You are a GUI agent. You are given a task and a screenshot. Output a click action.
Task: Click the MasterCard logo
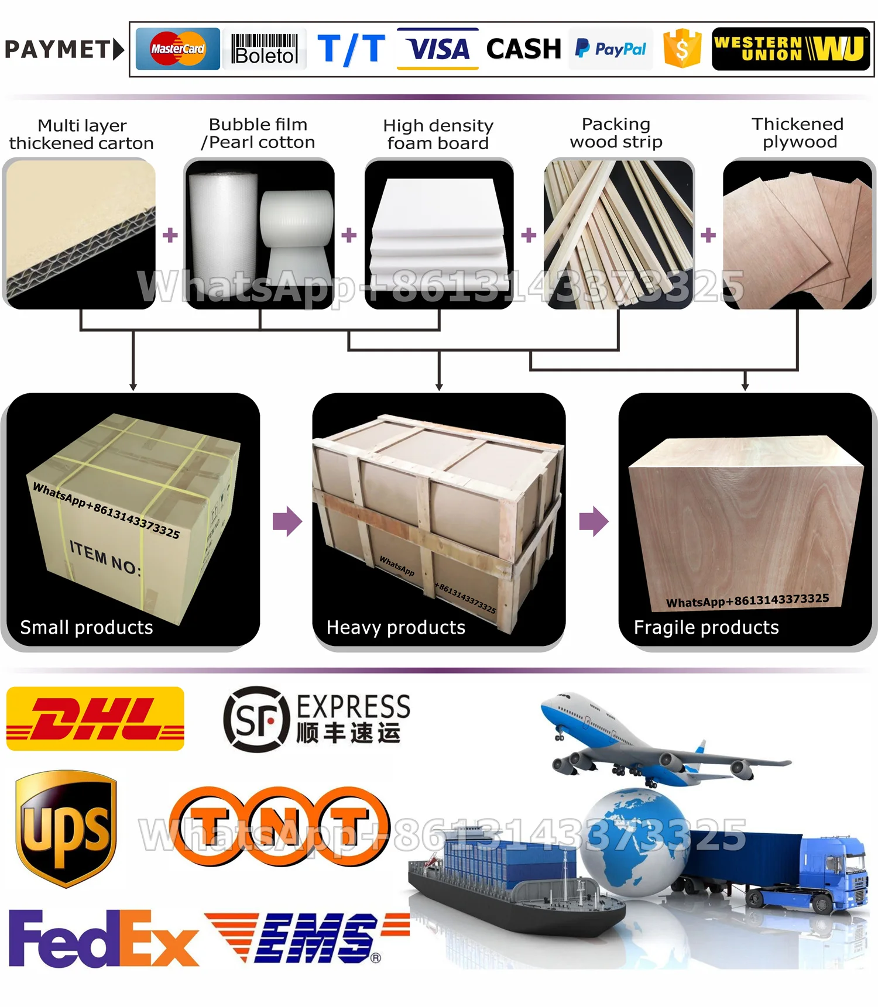pos(177,49)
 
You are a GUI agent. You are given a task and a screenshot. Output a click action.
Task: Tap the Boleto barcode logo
pos(265,49)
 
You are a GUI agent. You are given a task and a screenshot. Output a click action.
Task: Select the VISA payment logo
pos(438,49)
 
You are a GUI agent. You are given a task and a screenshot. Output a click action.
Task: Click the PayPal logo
pos(611,49)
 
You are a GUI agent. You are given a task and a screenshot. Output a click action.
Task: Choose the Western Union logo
pos(790,49)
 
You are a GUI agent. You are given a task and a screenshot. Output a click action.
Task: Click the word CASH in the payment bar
pos(523,49)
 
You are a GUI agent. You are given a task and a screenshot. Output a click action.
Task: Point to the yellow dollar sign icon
pos(682,49)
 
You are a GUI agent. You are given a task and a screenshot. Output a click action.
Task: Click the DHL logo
pos(95,719)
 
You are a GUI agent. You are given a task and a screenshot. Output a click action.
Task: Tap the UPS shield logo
pos(66,828)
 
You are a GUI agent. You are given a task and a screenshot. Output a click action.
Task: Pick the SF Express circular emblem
pos(256,719)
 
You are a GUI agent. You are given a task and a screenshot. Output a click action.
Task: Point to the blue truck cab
pos(834,872)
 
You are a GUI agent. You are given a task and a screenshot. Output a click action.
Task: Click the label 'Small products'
pos(87,627)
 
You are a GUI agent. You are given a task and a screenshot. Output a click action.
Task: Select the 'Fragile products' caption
pos(706,627)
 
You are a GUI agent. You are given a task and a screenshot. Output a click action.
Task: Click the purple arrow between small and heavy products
pos(287,521)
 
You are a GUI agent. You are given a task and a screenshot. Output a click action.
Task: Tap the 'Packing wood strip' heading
pos(616,133)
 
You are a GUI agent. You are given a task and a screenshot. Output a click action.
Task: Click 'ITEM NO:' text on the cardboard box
pos(105,558)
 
